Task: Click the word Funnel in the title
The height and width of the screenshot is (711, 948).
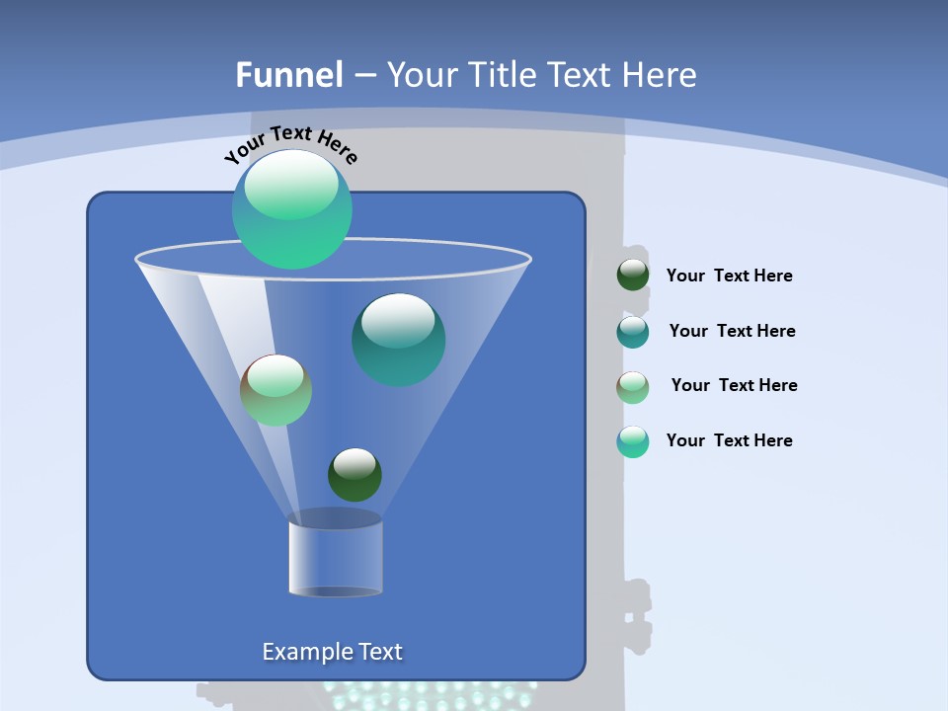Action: click(x=288, y=75)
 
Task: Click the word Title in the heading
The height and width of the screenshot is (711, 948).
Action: click(x=502, y=75)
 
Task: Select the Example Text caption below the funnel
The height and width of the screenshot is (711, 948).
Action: click(x=332, y=652)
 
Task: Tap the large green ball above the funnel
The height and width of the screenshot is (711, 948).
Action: click(x=291, y=209)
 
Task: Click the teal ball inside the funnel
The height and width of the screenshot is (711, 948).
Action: click(x=398, y=341)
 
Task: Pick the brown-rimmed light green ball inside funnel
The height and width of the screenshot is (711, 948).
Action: click(x=276, y=390)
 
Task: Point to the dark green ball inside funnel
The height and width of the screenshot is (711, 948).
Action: click(x=355, y=475)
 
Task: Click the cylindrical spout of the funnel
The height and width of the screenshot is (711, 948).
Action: click(x=335, y=555)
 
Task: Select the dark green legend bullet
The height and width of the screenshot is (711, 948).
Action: click(x=633, y=276)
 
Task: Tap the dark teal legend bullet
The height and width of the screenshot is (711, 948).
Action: click(x=633, y=332)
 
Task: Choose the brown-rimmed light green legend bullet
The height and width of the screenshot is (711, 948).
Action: click(x=633, y=387)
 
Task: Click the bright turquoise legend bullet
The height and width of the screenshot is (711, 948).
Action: click(x=633, y=441)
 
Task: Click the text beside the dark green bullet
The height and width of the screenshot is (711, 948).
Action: click(x=729, y=276)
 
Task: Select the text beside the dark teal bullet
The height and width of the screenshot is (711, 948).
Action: click(x=732, y=331)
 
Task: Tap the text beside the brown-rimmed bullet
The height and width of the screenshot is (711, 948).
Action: click(x=734, y=385)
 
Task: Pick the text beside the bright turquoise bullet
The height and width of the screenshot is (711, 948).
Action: click(x=729, y=440)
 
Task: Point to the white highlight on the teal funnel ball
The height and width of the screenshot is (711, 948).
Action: click(x=398, y=320)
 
